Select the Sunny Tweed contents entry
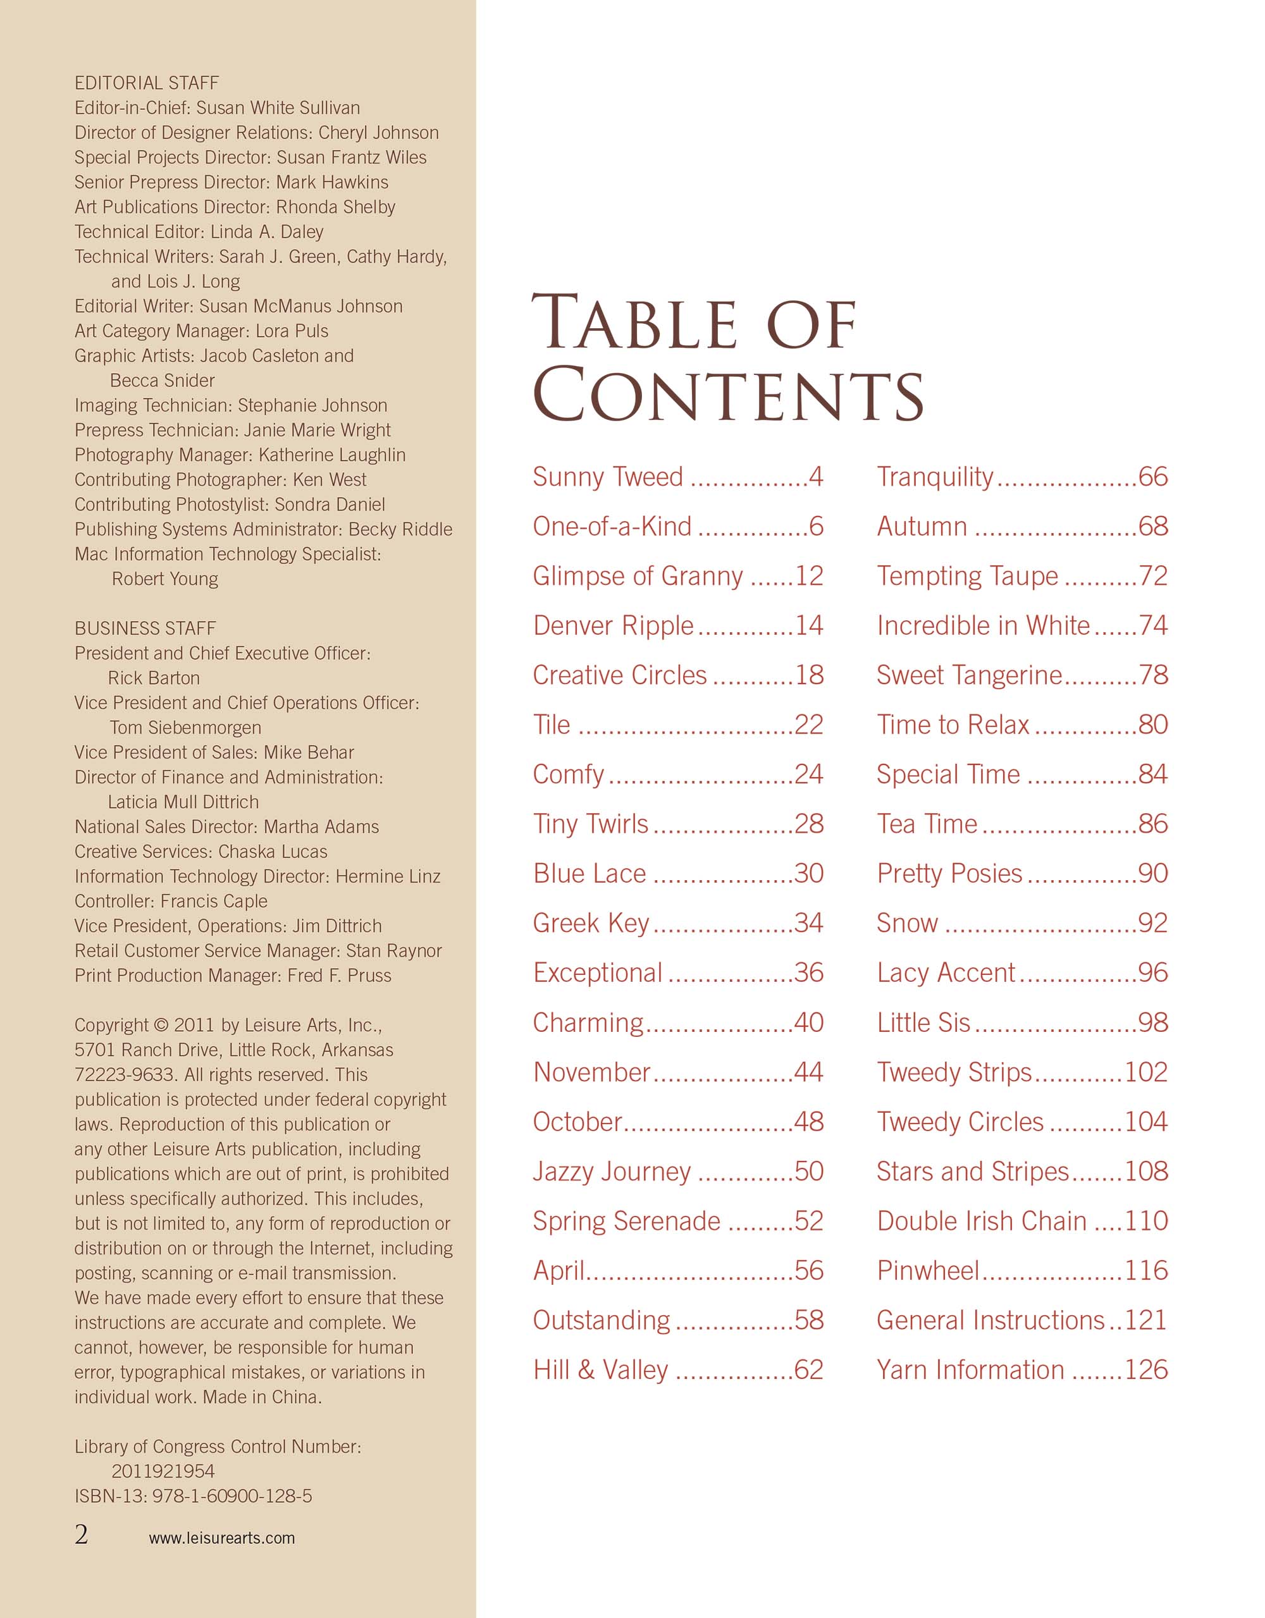pyautogui.click(x=608, y=477)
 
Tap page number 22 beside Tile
pyautogui.click(x=808, y=725)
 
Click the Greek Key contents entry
pyautogui.click(x=591, y=923)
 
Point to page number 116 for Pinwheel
pyautogui.click(x=1145, y=1270)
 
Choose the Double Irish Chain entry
pyautogui.click(x=981, y=1221)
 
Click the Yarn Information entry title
pyautogui.click(x=970, y=1370)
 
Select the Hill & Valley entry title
pyautogui.click(x=600, y=1370)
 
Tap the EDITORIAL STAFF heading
pyautogui.click(x=147, y=83)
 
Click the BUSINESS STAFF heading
pyautogui.click(x=145, y=628)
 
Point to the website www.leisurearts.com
pyautogui.click(x=221, y=1538)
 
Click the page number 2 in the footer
pyautogui.click(x=82, y=1535)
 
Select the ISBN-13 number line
pyautogui.click(x=194, y=1496)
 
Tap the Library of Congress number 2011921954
pyautogui.click(x=163, y=1471)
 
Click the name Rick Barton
pyautogui.click(x=154, y=678)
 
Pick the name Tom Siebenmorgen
pyautogui.click(x=185, y=728)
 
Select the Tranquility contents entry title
pyautogui.click(x=934, y=477)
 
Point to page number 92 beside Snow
pyautogui.click(x=1152, y=923)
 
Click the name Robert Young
pyautogui.click(x=164, y=579)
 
